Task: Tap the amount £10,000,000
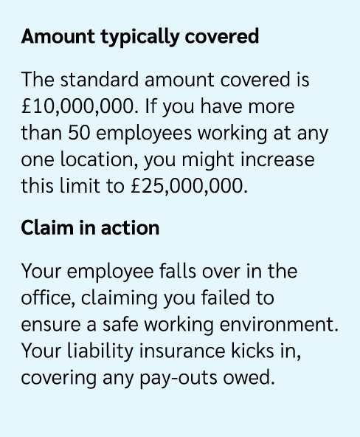point(80,106)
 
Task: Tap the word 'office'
point(47,297)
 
